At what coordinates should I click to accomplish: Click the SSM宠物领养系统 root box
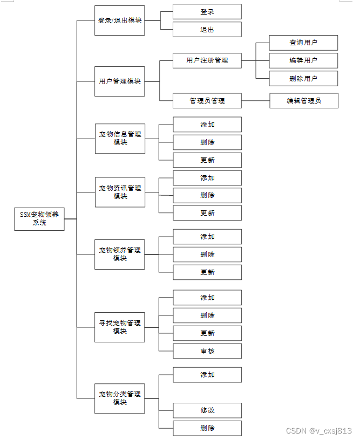(39, 218)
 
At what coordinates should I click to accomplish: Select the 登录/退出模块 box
(120, 20)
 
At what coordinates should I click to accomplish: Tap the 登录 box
(207, 11)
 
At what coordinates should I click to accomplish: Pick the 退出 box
(207, 30)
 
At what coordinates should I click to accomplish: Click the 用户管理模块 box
(120, 81)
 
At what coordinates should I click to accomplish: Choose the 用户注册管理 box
(207, 60)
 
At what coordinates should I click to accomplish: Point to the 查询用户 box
(303, 43)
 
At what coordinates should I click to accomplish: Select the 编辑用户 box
(303, 60)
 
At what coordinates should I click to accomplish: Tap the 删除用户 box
(303, 78)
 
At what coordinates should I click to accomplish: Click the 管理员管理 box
(207, 101)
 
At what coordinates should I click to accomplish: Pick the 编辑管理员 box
(304, 101)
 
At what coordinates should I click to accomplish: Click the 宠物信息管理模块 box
(120, 139)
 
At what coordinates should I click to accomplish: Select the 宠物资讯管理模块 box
(120, 192)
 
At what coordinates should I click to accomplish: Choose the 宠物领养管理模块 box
(120, 254)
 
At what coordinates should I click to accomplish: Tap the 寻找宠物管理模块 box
(120, 327)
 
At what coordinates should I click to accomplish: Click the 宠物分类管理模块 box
(120, 398)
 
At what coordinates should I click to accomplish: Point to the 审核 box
(207, 351)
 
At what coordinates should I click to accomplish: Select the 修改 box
(207, 410)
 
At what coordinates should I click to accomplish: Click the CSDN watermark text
(318, 431)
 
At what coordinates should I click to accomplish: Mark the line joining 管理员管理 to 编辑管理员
(255, 101)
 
